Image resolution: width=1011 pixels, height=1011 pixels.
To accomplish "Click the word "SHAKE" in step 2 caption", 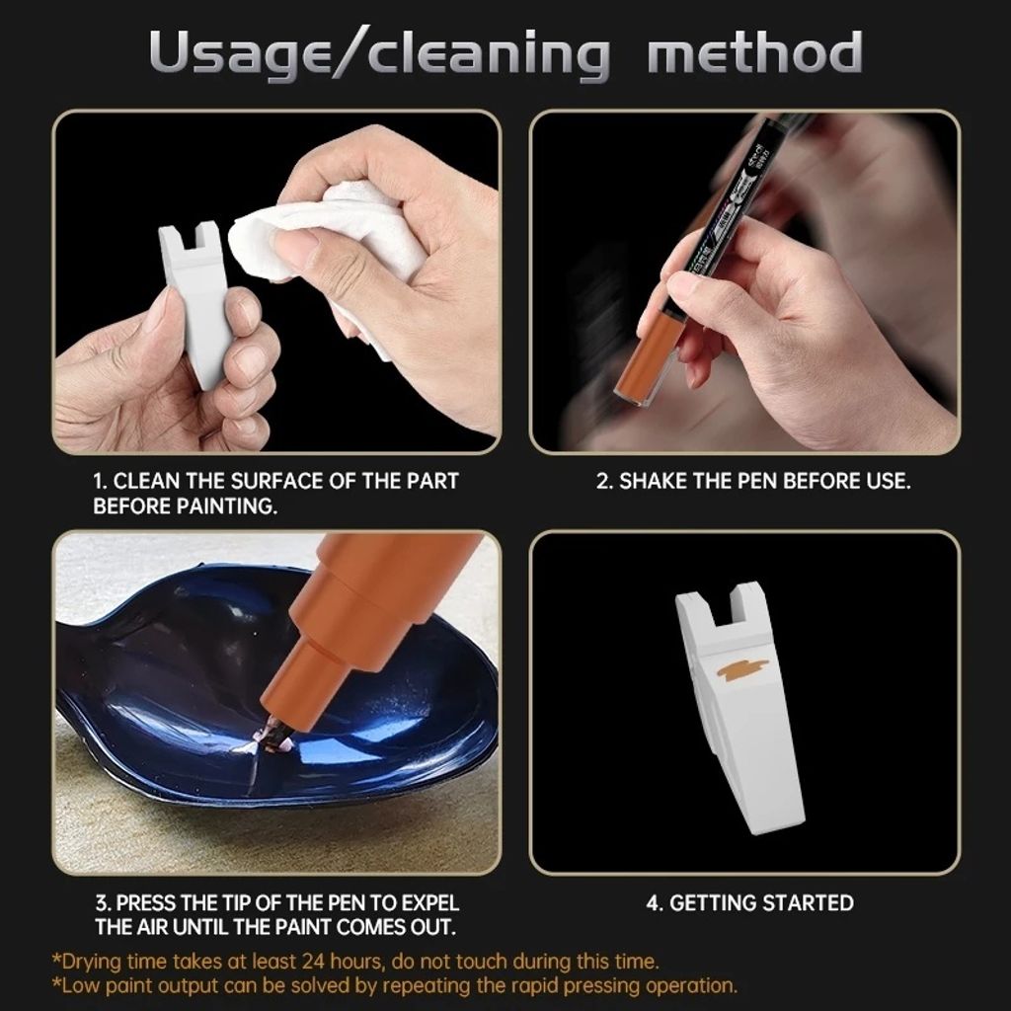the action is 653,481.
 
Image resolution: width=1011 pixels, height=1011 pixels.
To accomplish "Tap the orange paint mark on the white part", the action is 742,671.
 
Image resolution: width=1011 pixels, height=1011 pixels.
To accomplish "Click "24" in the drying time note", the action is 311,962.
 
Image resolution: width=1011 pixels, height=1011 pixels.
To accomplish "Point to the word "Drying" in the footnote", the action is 92,963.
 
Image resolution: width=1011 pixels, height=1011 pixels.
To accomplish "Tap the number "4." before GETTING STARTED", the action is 656,902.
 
